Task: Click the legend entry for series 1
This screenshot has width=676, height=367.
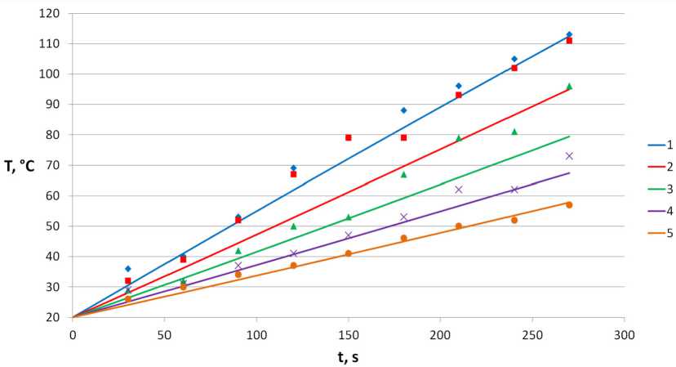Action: [x=658, y=144]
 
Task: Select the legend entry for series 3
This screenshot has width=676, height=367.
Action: [x=658, y=188]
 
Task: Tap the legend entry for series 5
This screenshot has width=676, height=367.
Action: [x=658, y=232]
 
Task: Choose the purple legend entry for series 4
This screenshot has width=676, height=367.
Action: [x=658, y=210]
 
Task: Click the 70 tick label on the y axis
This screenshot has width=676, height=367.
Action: [x=53, y=165]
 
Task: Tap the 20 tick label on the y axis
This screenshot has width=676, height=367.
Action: [x=53, y=317]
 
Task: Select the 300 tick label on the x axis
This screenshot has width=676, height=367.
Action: [x=625, y=334]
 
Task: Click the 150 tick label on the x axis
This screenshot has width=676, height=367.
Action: [x=349, y=334]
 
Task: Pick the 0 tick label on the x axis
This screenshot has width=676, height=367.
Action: [x=73, y=334]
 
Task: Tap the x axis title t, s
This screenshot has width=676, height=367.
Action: [x=349, y=356]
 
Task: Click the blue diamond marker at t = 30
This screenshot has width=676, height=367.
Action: [x=128, y=268]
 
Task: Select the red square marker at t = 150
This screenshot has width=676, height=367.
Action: [x=349, y=137]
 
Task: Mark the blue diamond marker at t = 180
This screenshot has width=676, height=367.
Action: [x=403, y=110]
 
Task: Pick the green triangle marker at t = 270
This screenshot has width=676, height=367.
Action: [x=569, y=86]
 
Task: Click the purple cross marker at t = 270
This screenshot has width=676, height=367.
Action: [x=569, y=155]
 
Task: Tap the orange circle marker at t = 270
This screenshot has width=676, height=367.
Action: [x=569, y=204]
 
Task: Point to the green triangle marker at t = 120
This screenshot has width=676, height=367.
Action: [x=293, y=226]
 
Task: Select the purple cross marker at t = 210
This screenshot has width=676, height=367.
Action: [x=459, y=189]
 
